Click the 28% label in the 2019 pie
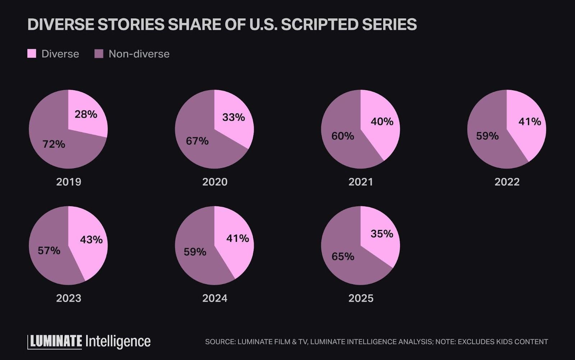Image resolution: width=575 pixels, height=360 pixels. point(86,114)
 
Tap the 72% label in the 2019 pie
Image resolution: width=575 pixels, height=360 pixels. point(54,144)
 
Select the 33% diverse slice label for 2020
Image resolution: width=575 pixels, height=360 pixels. point(234,117)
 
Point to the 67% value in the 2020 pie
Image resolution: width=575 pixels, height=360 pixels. point(197,141)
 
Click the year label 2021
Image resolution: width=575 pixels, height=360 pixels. point(361,182)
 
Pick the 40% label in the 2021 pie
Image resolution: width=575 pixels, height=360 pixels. point(382,121)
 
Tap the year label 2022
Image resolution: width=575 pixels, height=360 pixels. point(507,182)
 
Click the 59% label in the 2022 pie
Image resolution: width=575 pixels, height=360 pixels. point(487,136)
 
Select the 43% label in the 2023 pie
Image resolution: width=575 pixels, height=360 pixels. point(91,240)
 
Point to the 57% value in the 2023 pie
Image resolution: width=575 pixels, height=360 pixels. point(49,250)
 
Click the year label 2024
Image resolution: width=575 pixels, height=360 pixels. point(215,298)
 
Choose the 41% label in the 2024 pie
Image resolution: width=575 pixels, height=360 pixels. point(238,238)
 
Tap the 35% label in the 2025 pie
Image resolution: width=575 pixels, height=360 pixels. point(382,234)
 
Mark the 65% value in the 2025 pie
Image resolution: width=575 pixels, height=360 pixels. point(343,257)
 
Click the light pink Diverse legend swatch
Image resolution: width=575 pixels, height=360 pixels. point(32,54)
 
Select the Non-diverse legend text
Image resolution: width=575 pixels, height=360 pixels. point(139,54)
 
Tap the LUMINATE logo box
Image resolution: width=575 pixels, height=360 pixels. point(55,341)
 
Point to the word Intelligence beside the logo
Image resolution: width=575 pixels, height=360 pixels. point(118,341)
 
